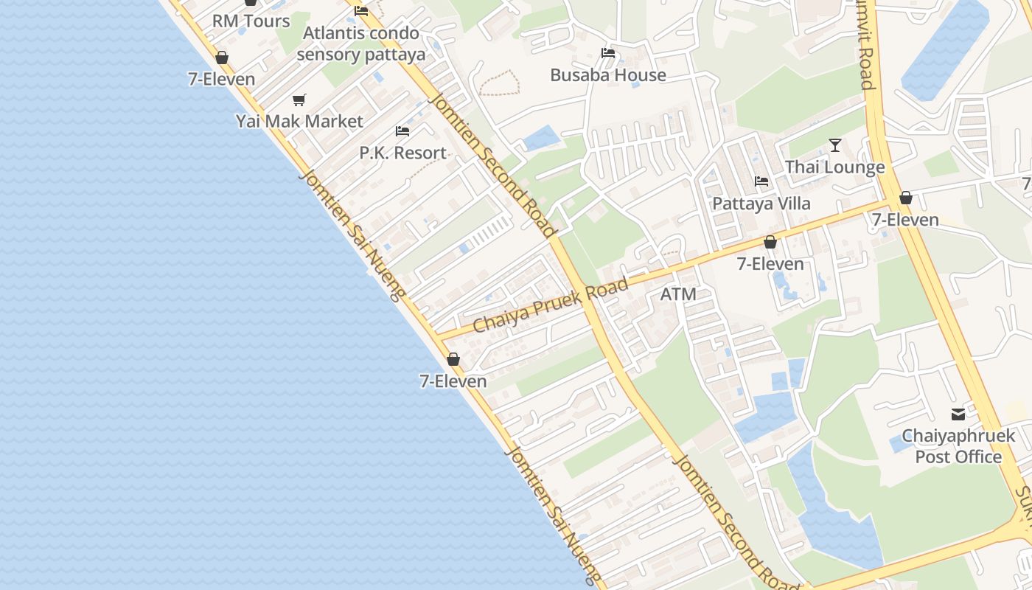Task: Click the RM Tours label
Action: [251, 21]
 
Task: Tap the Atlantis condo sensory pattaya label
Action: [361, 44]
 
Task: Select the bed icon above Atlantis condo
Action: [361, 11]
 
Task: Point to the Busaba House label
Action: [608, 75]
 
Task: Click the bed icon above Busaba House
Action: [608, 53]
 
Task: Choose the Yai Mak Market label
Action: [299, 121]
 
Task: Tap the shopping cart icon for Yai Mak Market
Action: [299, 100]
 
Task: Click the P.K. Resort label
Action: [402, 153]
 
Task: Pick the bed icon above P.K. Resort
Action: [402, 131]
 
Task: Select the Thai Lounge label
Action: [834, 167]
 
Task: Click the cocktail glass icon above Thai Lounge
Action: [835, 145]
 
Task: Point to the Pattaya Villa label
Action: [761, 204]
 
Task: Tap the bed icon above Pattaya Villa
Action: [761, 181]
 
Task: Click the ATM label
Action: [678, 294]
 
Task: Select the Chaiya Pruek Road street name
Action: [551, 305]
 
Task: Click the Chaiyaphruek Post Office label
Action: [958, 446]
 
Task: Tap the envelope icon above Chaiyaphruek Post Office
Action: [958, 414]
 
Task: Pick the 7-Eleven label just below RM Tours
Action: [221, 79]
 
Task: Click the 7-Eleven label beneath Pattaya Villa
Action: [770, 264]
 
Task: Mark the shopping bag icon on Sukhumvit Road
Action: [906, 198]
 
